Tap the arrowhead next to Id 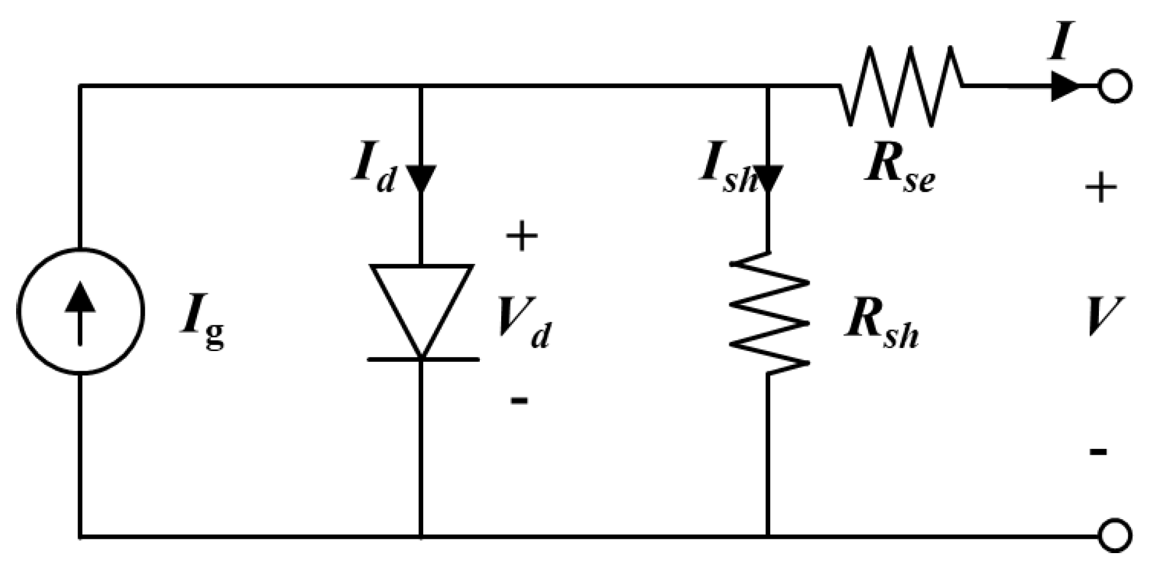pyautogui.click(x=421, y=178)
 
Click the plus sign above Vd pyautogui.click(x=521, y=236)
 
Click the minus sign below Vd pyautogui.click(x=519, y=400)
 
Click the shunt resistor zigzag pyautogui.click(x=769, y=313)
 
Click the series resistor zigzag pyautogui.click(x=901, y=86)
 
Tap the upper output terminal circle pyautogui.click(x=1114, y=86)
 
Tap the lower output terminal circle pyautogui.click(x=1114, y=536)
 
